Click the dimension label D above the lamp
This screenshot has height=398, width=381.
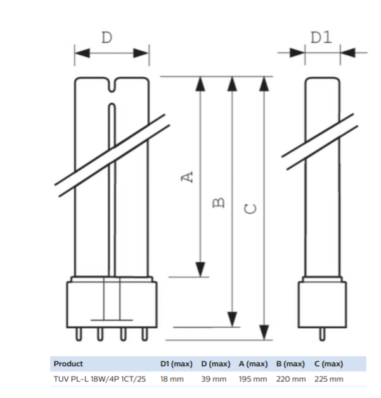pos(107,37)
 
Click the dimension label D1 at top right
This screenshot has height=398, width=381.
pos(321,37)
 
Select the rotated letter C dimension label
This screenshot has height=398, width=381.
pos(251,208)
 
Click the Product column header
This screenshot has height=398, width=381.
pos(68,364)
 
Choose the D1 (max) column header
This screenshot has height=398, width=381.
pos(176,364)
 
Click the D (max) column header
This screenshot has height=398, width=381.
pos(216,364)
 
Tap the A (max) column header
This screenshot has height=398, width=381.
pos(253,364)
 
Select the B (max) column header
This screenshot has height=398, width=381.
pos(290,364)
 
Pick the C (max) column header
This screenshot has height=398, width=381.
pos(328,364)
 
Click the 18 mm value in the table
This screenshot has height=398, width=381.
pos(171,379)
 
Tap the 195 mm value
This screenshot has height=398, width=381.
pos(252,379)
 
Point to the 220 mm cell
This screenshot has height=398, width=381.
pos(290,379)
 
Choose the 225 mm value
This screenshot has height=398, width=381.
pos(328,379)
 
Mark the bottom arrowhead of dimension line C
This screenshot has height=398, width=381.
pos(264,333)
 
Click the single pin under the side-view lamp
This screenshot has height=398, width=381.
pos(323,333)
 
